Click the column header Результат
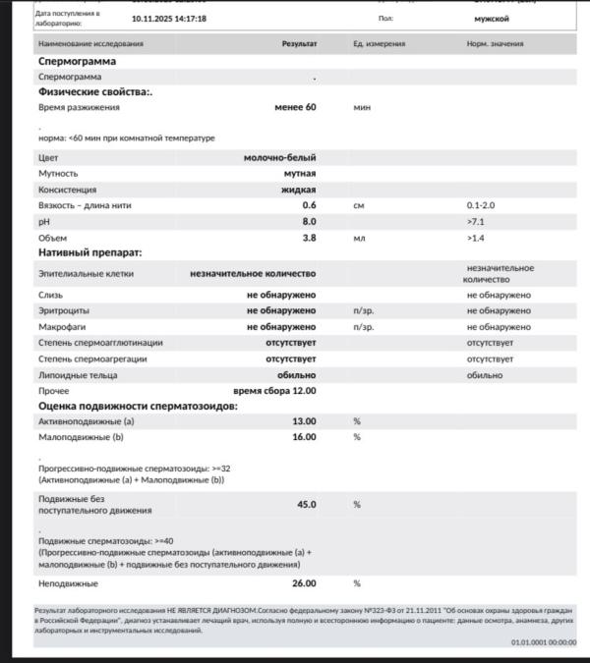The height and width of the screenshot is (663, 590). point(299,44)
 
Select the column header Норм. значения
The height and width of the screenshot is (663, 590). point(495,44)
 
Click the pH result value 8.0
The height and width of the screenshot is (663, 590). point(309,221)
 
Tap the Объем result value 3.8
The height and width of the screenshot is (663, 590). point(309,238)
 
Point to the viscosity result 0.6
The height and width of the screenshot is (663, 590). point(309,205)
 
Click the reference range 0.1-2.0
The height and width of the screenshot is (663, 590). point(482,205)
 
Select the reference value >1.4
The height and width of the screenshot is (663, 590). point(476,238)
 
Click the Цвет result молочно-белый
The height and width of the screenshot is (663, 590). point(279,157)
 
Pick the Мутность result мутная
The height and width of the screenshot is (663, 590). point(299,173)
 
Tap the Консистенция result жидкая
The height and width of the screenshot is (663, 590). point(299,190)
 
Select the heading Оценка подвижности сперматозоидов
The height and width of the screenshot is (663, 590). point(138,406)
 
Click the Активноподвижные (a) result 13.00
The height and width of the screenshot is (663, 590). point(304,421)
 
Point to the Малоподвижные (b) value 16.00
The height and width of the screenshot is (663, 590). point(304,437)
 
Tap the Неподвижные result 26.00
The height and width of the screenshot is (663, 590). point(304,583)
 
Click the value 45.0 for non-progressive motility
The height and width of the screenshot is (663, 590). point(307,504)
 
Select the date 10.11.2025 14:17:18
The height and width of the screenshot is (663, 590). point(168,19)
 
